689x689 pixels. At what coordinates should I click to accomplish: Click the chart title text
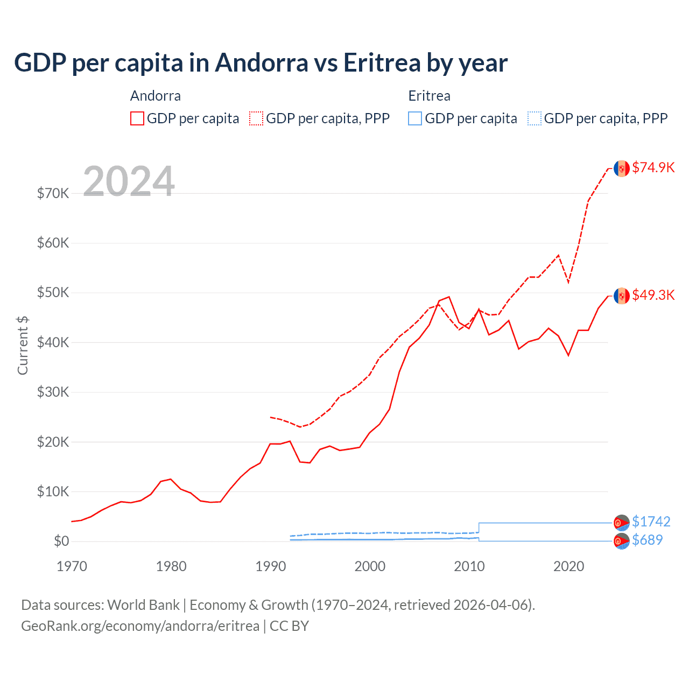tap(261, 63)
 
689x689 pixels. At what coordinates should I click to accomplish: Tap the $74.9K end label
tap(653, 167)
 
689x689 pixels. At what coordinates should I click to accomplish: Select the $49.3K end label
tap(653, 295)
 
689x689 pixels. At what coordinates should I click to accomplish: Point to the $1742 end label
tap(651, 522)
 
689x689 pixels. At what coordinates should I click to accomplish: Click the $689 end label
tap(647, 540)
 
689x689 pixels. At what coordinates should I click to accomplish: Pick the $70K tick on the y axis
tap(53, 193)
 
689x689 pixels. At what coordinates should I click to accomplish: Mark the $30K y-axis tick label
tap(53, 392)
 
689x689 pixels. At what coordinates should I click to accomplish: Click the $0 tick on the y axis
tap(61, 541)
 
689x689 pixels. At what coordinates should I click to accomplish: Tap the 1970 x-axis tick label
tap(72, 566)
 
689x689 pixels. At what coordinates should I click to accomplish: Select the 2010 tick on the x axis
tap(469, 566)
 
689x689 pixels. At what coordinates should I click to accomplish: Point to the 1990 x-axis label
tap(271, 566)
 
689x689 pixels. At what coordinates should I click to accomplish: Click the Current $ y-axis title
tap(23, 345)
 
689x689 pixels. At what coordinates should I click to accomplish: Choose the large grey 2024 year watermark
tap(129, 181)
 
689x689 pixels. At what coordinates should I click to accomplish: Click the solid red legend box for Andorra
tap(137, 118)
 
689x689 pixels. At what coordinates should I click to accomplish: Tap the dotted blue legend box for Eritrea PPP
tap(535, 118)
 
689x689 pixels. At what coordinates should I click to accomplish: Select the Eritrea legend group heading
tap(429, 96)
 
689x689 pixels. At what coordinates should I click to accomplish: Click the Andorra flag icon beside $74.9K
tap(622, 168)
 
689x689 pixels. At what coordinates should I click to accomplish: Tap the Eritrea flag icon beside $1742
tap(622, 522)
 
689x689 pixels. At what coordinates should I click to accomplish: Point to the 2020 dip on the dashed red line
tap(568, 282)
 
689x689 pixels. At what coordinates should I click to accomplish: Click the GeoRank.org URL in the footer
tap(140, 626)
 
